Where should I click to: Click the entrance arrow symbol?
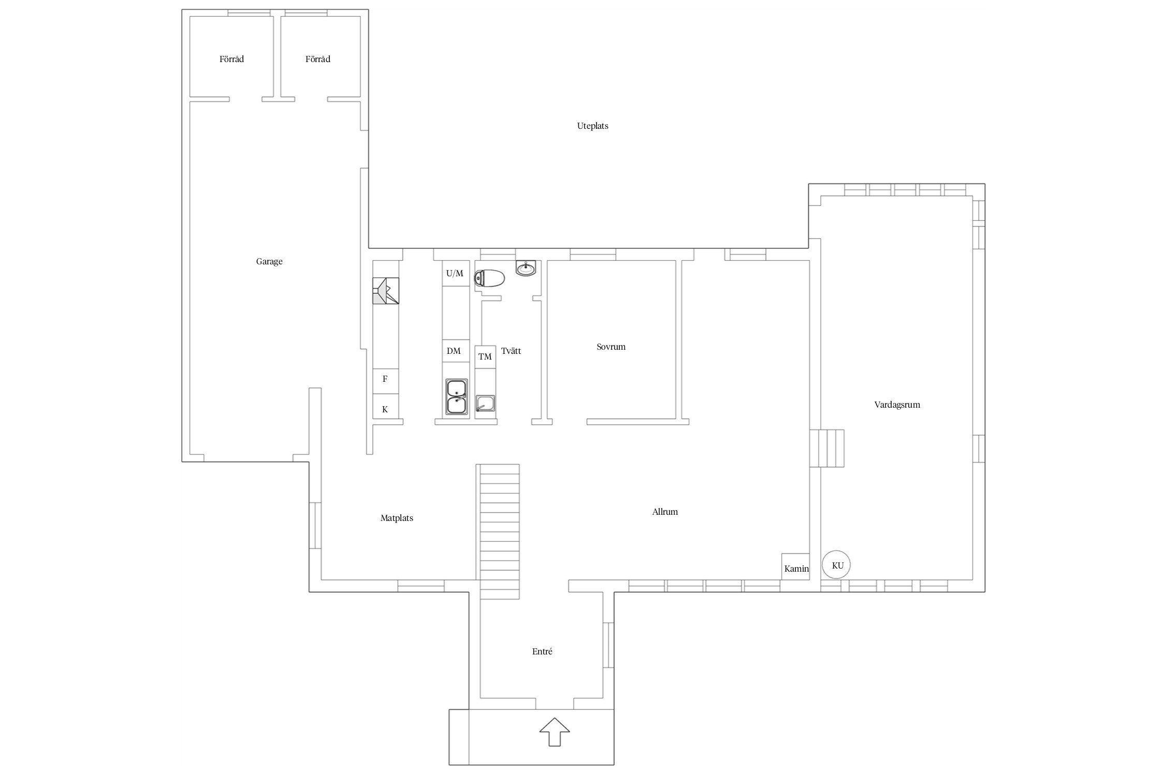click(555, 732)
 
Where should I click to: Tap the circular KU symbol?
click(837, 565)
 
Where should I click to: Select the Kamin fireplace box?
click(795, 566)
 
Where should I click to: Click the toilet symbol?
click(489, 279)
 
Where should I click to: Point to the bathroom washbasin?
click(526, 268)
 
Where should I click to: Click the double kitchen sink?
click(457, 397)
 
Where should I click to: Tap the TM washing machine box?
click(485, 357)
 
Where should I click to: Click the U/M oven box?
click(456, 273)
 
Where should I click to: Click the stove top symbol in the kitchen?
click(386, 291)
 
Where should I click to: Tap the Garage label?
click(269, 262)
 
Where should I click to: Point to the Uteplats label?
click(592, 126)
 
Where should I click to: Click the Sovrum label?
click(611, 347)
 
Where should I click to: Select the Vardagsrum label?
click(897, 405)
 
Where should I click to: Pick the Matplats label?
click(397, 518)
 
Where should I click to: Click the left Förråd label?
click(231, 59)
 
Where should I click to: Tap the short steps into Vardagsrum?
click(827, 448)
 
